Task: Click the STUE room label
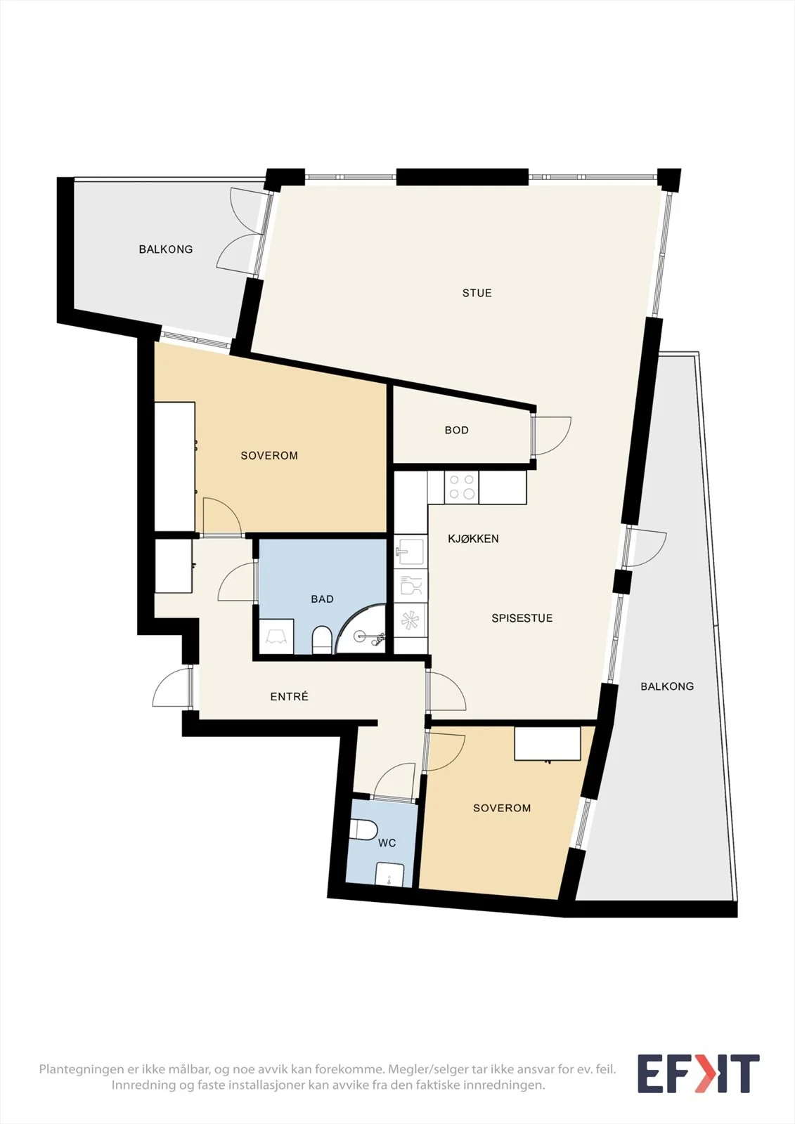coord(477,293)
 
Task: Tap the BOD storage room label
coord(456,430)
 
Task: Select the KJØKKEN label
coord(473,539)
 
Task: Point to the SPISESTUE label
coord(522,618)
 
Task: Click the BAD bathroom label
coord(322,599)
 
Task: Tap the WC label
coord(387,843)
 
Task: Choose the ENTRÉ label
coord(289,696)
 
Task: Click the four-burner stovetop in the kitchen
coord(462,487)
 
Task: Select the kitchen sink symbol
coord(411,551)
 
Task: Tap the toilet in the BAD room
coord(321,640)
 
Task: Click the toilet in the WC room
coord(363,830)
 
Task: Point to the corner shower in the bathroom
coord(361,629)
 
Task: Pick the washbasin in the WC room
coord(389,875)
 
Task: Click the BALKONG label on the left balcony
coord(166,249)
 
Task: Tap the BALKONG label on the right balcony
coord(667,686)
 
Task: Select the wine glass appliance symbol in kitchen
coord(411,585)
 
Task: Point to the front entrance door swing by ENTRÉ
coord(172,688)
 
